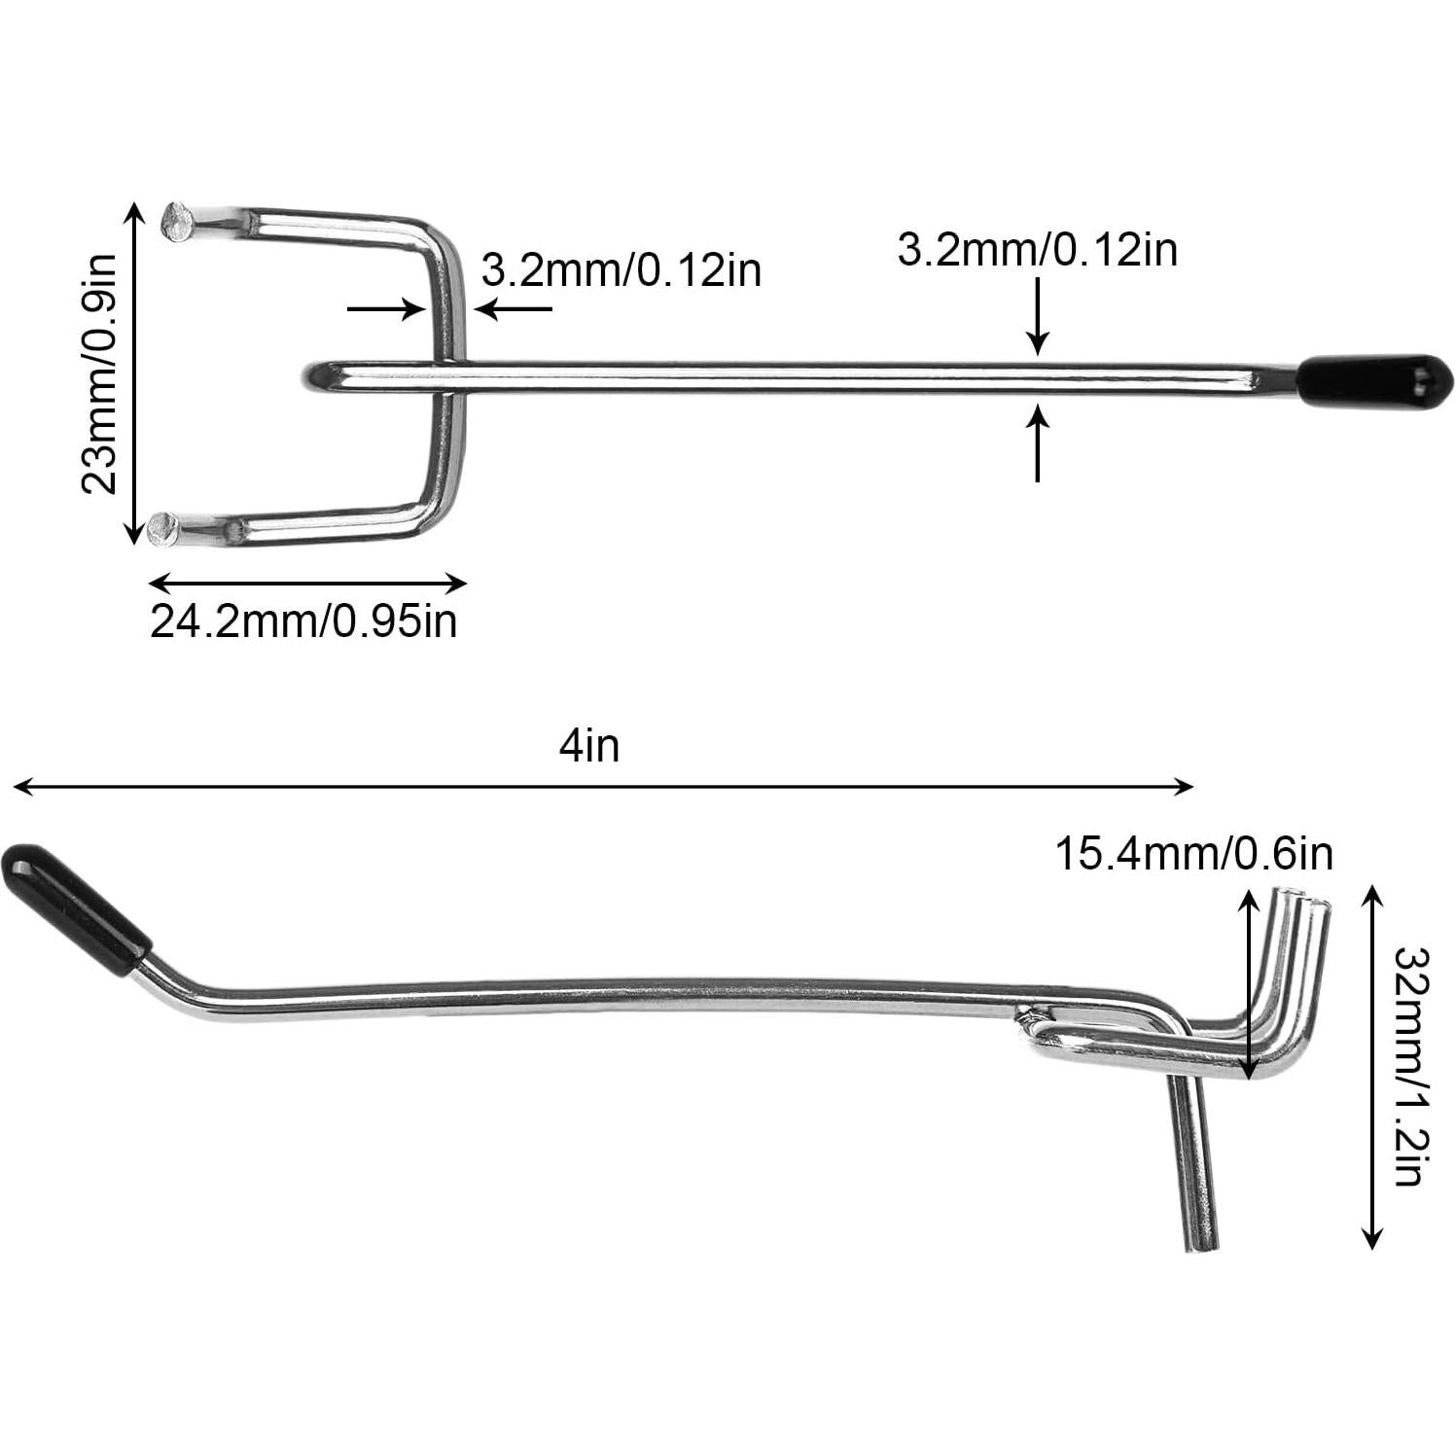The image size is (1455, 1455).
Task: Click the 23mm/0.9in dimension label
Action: pyautogui.click(x=98, y=373)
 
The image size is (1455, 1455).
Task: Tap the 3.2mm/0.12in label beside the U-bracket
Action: pyautogui.click(x=621, y=269)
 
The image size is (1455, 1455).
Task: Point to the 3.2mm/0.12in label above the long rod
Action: pyautogui.click(x=1037, y=250)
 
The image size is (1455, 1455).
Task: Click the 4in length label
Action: pyautogui.click(x=589, y=746)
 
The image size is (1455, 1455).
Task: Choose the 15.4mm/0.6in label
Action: pyautogui.click(x=1193, y=854)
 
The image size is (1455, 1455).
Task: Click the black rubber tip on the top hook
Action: pyautogui.click(x=1373, y=375)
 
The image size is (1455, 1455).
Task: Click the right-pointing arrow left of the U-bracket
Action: pyautogui.click(x=387, y=310)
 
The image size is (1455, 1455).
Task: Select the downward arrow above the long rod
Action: pyautogui.click(x=1039, y=316)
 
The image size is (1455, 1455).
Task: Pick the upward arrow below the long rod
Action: pyautogui.click(x=1039, y=444)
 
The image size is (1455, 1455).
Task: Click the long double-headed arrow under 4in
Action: pyautogui.click(x=603, y=787)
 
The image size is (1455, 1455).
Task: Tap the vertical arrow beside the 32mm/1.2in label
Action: pyautogui.click(x=1371, y=1066)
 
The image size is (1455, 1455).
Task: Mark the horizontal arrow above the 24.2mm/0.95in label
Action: pyautogui.click(x=307, y=584)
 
